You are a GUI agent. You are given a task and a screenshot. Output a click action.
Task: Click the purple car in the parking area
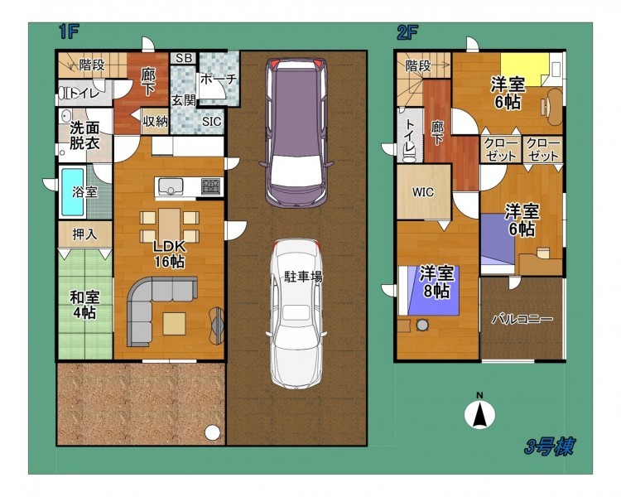point(296,133)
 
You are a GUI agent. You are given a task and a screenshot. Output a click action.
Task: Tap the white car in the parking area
point(297,314)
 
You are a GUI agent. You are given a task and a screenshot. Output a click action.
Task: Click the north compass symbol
point(479,413)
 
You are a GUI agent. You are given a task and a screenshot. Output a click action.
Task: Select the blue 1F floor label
point(69,31)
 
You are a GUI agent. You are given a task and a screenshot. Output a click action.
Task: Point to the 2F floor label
point(407,32)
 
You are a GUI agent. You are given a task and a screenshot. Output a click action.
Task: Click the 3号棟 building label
point(549,446)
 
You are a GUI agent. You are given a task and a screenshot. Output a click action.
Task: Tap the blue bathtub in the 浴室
point(72,192)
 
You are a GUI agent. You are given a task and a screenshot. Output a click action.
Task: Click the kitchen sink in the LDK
point(171,186)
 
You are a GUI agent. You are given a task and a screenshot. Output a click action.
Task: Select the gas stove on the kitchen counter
point(210,186)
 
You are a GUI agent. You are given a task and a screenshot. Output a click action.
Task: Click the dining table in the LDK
point(170,224)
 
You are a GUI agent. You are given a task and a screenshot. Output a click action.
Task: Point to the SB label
point(184,58)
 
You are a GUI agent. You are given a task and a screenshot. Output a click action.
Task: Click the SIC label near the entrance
point(211,121)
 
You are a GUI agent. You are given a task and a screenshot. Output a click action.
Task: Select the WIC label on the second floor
point(423,193)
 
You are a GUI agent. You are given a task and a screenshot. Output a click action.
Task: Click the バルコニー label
point(522,319)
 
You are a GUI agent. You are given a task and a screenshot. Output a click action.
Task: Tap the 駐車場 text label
point(303,276)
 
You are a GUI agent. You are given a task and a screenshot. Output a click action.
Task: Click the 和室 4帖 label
point(84,305)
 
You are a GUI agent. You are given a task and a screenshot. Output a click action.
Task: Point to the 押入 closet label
point(84,234)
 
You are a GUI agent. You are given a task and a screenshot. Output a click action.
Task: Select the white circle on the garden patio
point(212,432)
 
